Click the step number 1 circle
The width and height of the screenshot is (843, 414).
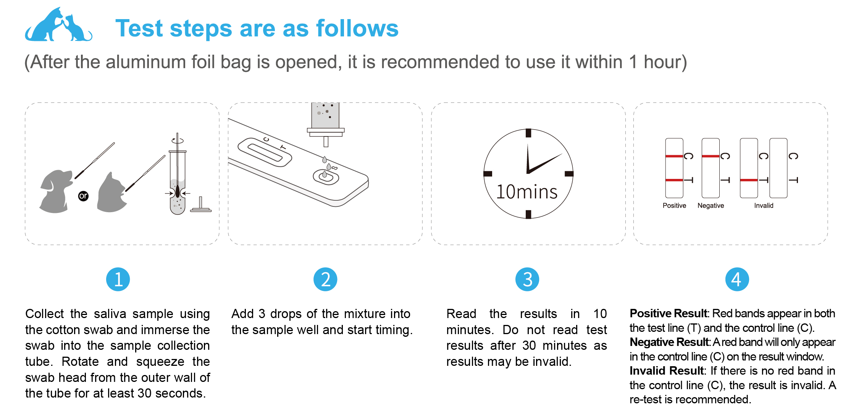tap(118, 279)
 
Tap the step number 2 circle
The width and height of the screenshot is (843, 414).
tap(325, 279)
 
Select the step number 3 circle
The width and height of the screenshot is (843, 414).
tap(527, 279)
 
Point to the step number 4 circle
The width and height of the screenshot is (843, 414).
tap(737, 279)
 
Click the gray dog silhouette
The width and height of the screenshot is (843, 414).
tap(56, 191)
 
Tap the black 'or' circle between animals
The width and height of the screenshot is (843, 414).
tap(83, 196)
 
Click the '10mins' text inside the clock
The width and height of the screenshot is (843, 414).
tap(527, 192)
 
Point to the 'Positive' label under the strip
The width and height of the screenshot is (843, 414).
tap(674, 206)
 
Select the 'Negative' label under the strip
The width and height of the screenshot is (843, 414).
tap(711, 206)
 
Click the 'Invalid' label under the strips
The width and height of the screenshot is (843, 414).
tap(764, 206)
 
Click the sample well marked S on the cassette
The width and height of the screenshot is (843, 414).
tap(326, 177)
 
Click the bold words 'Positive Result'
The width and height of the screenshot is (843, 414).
tap(669, 313)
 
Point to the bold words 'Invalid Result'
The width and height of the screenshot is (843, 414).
tap(667, 371)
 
